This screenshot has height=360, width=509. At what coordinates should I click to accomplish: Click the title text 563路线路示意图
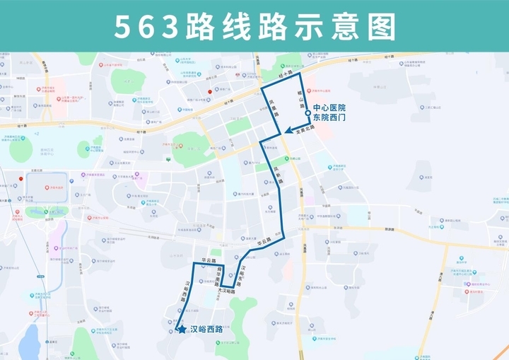[254, 27]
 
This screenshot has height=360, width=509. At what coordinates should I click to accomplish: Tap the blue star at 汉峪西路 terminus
[182, 329]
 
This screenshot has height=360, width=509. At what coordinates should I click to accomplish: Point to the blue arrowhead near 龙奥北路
[290, 131]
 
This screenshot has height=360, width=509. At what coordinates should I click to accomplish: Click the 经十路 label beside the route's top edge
[285, 73]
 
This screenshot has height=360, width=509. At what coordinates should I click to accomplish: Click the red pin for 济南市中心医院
[210, 92]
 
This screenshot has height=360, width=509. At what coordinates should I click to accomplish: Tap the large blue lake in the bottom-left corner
[29, 343]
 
